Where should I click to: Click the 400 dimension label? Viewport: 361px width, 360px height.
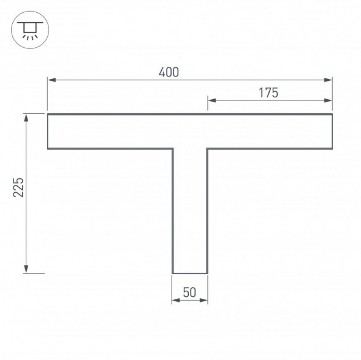pyautogui.click(x=169, y=72)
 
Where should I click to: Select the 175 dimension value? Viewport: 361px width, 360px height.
pyautogui.click(x=268, y=92)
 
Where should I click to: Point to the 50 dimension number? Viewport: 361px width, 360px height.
pyautogui.click(x=190, y=293)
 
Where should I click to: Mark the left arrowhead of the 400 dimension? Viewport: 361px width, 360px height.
pyautogui.click(x=51, y=80)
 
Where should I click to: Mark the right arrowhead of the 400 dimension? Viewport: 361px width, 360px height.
pyautogui.click(x=329, y=80)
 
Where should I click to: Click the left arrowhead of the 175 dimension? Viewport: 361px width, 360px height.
pyautogui.click(x=211, y=100)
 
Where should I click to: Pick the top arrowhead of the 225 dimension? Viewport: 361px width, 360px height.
pyautogui.click(x=26, y=117)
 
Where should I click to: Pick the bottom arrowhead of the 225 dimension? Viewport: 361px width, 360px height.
pyautogui.click(x=26, y=269)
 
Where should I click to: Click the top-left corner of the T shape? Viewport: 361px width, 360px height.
pyautogui.click(x=48, y=114)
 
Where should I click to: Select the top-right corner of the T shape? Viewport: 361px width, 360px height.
pyautogui.click(x=332, y=114)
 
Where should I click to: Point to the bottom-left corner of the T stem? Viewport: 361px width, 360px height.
pyautogui.click(x=173, y=272)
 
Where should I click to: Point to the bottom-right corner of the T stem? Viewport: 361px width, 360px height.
pyautogui.click(x=207, y=272)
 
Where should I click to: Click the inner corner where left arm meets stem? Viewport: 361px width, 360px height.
pyautogui.click(x=173, y=148)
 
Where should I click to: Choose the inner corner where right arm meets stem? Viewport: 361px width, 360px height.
pyautogui.click(x=207, y=148)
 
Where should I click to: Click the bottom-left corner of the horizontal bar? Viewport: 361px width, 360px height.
pyautogui.click(x=48, y=148)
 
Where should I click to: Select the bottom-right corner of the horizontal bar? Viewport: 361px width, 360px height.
pyautogui.click(x=332, y=148)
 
